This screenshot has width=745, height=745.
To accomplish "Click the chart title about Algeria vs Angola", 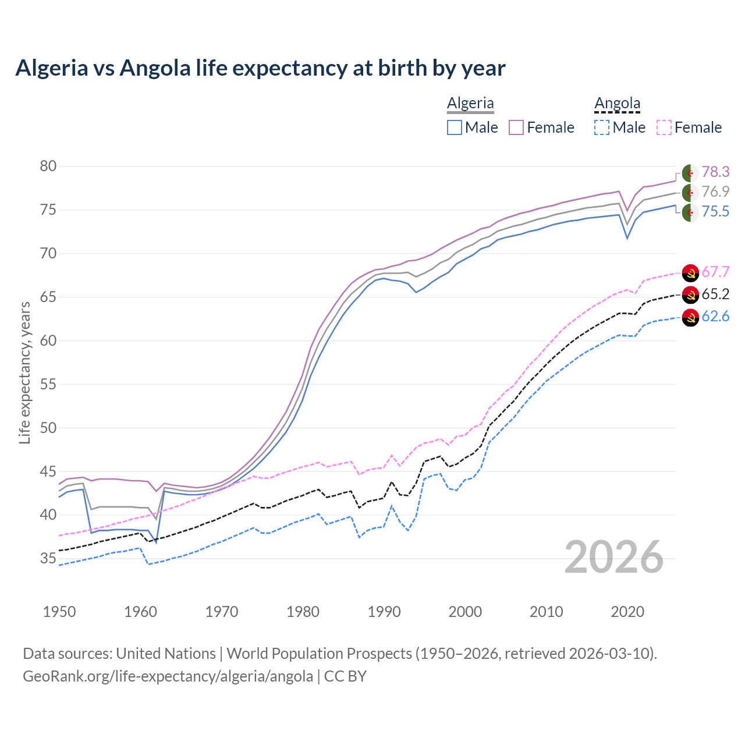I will pos(260,68).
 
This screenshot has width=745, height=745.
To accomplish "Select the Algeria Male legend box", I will pos(455,127).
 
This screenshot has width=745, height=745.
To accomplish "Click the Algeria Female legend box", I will pos(516,127).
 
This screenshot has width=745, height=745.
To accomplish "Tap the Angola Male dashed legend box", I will pos(602,127).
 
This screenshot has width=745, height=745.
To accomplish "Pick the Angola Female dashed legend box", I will pos(664,127).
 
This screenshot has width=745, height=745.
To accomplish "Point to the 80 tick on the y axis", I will pos(48,166).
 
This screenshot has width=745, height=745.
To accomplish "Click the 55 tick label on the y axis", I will pos(48,384).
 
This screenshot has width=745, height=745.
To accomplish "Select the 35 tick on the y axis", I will pos(48,559).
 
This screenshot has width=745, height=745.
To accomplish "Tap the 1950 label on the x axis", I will pos(59,612).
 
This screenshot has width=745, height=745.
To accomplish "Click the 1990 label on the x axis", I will pos(384,612).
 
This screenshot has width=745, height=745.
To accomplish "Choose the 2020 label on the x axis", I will pos(627,612).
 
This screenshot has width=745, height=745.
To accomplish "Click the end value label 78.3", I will pos(715,172).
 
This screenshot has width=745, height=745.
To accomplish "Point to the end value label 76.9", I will pos(715,192).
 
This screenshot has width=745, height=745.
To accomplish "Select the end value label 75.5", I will pos(715,212).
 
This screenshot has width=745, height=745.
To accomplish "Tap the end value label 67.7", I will pos(715,272).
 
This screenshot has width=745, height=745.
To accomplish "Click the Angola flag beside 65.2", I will pos(690,295).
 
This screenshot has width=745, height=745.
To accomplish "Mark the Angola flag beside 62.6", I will pos(690,317).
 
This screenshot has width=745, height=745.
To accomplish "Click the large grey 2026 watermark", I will pos(613,558).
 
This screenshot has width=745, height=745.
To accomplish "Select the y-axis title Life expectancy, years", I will pos(24,372).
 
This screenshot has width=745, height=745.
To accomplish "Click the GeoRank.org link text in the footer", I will pos(168,676).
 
